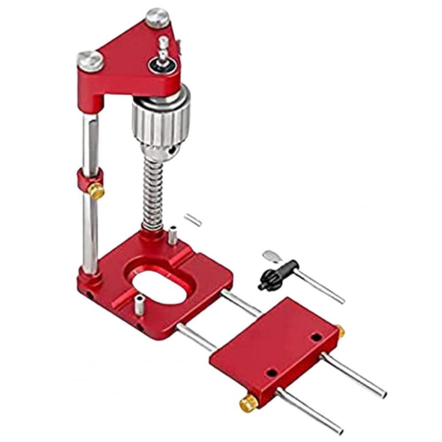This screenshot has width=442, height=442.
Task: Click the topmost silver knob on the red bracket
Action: (x=158, y=17)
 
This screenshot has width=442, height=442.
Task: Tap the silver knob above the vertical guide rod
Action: (x=91, y=60)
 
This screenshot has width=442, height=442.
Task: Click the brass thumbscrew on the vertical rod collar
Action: (x=96, y=191)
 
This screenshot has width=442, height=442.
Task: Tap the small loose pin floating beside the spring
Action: (x=193, y=219)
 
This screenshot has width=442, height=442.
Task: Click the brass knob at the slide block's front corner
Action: (x=249, y=403)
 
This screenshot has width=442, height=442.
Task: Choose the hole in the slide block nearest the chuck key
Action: (x=316, y=338)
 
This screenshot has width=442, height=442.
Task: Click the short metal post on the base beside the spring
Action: (x=173, y=234)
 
